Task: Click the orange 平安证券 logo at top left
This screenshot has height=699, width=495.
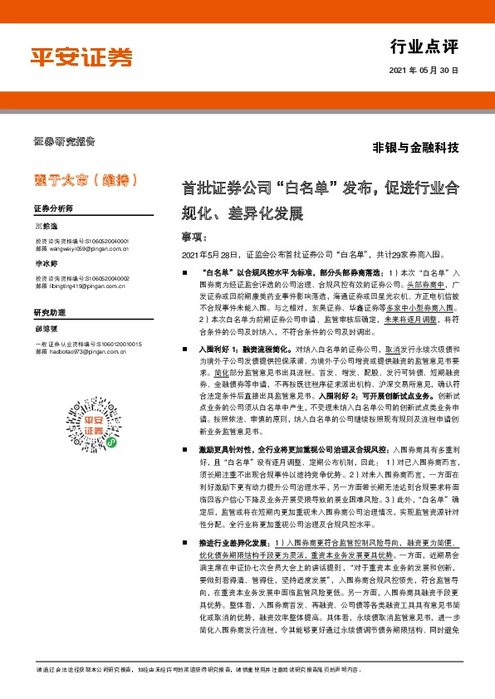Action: click(x=82, y=56)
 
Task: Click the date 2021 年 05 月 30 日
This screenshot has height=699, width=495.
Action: click(x=424, y=71)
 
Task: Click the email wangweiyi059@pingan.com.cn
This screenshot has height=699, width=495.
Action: click(x=87, y=247)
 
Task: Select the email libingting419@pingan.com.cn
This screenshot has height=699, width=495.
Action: click(x=86, y=286)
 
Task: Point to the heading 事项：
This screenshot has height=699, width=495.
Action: click(x=198, y=237)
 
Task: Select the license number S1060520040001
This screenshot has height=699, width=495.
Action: click(x=104, y=241)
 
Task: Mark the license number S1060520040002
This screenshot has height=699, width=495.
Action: click(x=104, y=279)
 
